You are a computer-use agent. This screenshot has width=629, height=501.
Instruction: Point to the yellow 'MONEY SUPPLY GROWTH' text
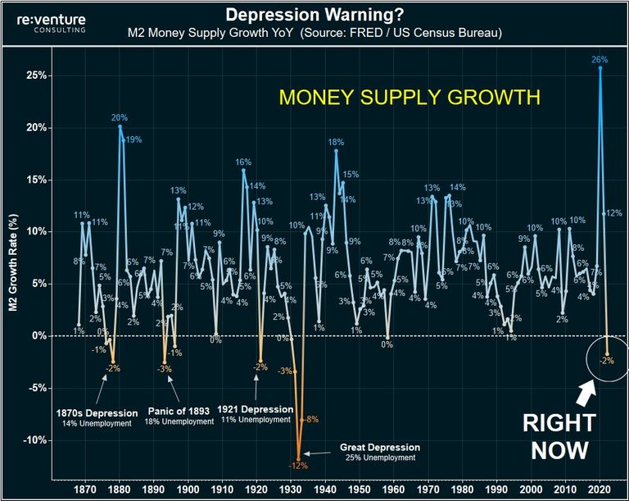click(x=410, y=97)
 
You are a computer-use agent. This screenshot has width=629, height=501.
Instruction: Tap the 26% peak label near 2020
click(x=600, y=59)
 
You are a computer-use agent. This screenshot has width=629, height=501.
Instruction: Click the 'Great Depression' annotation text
click(x=379, y=448)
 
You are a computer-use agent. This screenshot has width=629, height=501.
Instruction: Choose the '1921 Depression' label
click(x=256, y=409)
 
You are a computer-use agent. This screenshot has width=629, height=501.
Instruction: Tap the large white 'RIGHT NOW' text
click(x=560, y=436)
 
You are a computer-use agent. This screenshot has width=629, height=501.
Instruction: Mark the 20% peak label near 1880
click(x=120, y=117)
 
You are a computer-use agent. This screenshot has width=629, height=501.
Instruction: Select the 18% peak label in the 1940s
click(x=336, y=142)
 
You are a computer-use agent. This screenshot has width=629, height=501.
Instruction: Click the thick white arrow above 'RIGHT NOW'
click(x=587, y=394)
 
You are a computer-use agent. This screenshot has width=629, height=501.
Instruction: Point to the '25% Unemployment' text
click(x=379, y=458)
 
